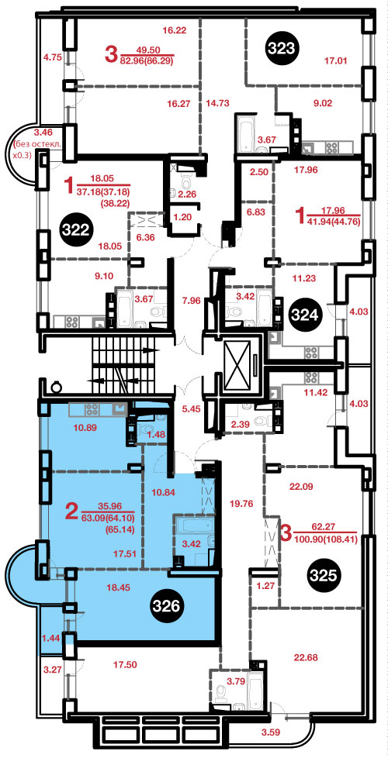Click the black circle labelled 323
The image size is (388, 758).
(x=283, y=48)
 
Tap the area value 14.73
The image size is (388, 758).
(x=217, y=102)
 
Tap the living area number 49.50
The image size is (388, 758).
(x=149, y=50)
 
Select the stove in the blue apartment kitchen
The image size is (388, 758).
(x=92, y=409)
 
